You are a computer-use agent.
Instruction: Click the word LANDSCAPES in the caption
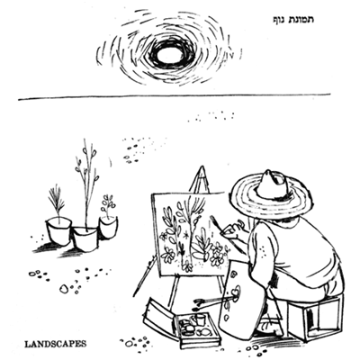[55, 344]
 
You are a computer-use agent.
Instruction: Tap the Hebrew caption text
[292, 20]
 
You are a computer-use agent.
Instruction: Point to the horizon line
[174, 96]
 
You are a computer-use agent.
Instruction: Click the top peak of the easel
[202, 166]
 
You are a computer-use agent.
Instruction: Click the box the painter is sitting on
[315, 318]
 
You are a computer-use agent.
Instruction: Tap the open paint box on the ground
[183, 324]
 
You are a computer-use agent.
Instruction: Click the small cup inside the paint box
[200, 319]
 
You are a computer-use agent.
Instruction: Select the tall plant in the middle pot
[87, 183]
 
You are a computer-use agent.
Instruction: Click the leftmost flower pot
[58, 231]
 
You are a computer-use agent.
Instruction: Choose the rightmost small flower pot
[108, 228]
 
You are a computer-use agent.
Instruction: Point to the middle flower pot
[85, 239]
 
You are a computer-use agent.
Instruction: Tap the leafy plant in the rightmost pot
[107, 206]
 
